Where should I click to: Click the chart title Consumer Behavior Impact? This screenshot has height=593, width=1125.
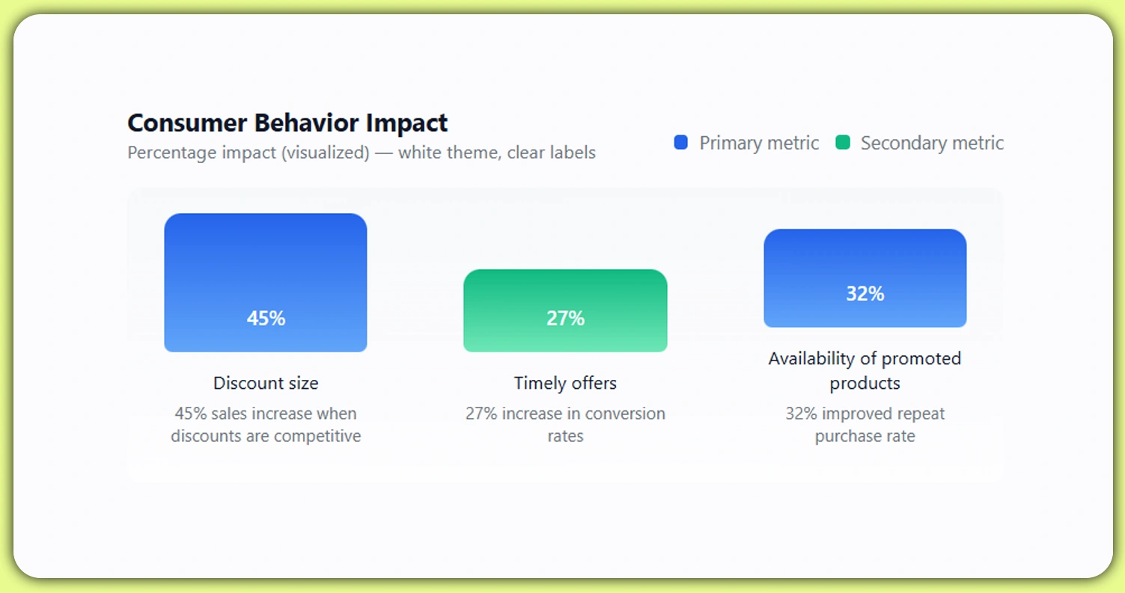point(287,123)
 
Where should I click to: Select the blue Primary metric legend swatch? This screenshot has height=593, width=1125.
point(680,143)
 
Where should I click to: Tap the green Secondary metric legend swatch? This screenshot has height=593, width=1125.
point(843,143)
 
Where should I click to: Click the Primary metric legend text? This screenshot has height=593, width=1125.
point(759,143)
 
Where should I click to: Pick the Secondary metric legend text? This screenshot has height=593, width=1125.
point(932,143)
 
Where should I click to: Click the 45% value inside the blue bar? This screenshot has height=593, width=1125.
point(266,319)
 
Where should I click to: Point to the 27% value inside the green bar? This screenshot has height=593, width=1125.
point(565,319)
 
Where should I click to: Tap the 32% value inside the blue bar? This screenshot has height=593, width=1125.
point(865,294)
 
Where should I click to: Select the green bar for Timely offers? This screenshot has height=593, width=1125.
point(565,292)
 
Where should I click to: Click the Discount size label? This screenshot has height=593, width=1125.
point(266,383)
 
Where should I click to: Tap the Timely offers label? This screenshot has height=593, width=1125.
point(565,383)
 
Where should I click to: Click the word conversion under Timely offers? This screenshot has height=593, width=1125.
point(625,414)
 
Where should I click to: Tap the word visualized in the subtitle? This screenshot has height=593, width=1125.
point(330,153)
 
